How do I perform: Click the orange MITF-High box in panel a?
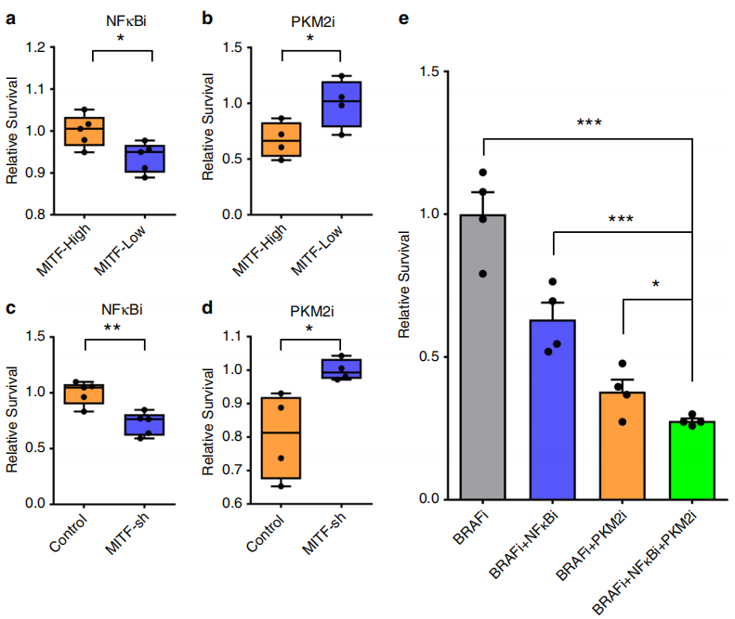[x=91, y=131]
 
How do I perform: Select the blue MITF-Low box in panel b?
[x=342, y=104]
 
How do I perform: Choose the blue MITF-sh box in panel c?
[x=146, y=425]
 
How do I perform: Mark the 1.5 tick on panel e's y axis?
[x=432, y=71]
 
